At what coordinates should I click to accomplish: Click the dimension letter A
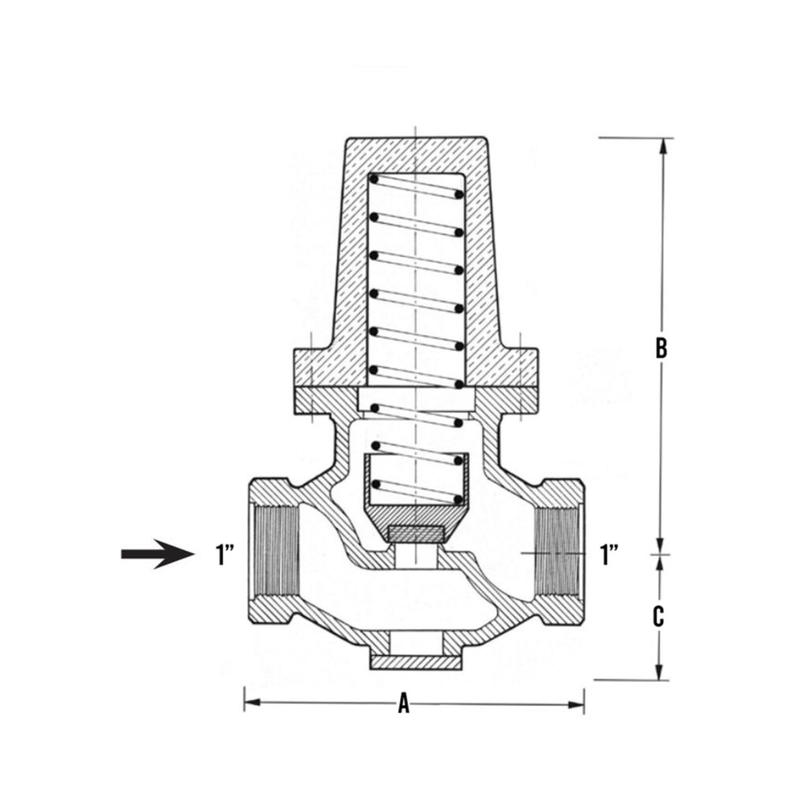click(x=404, y=703)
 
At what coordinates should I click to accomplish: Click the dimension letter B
click(x=661, y=348)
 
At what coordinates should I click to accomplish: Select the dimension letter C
click(x=658, y=616)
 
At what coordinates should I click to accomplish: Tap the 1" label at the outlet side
click(x=608, y=554)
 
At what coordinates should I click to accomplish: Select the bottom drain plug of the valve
click(x=415, y=661)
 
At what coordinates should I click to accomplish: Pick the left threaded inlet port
click(x=273, y=554)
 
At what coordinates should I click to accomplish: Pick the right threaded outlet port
click(x=559, y=554)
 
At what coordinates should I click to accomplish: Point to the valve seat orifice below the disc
click(x=415, y=556)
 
